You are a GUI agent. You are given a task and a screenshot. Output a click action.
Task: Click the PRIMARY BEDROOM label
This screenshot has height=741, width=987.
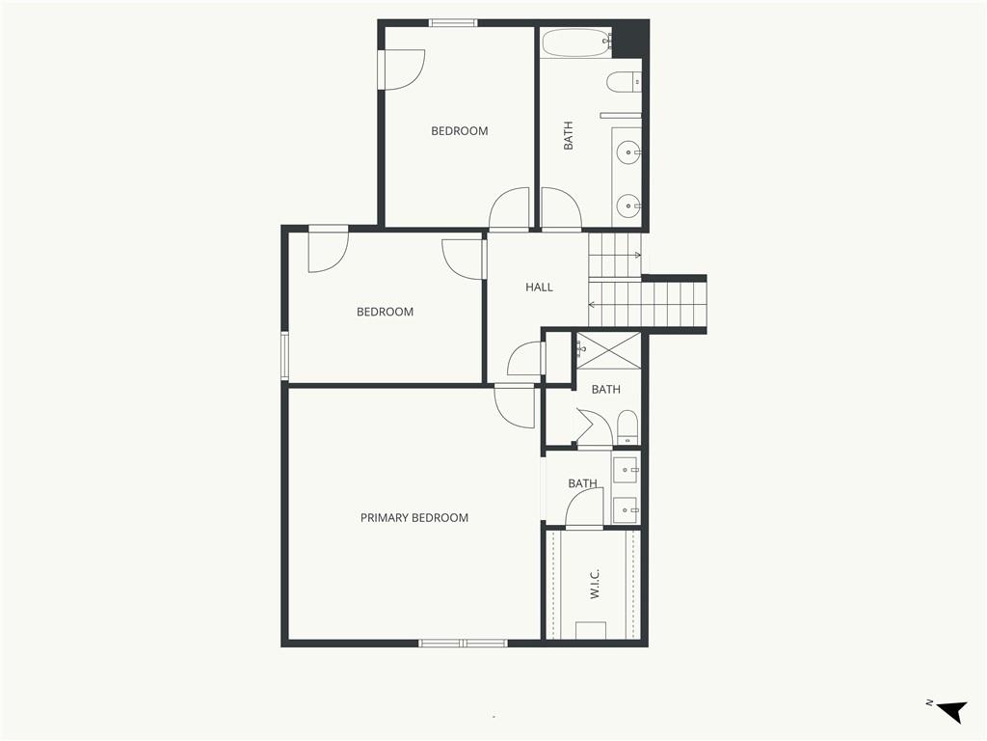(x=414, y=518)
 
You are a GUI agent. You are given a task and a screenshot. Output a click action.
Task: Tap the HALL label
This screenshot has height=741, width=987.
(x=539, y=288)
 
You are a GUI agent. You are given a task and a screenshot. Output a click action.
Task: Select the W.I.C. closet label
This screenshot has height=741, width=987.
(x=595, y=584)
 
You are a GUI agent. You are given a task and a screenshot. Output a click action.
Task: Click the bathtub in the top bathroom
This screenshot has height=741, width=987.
(x=576, y=42)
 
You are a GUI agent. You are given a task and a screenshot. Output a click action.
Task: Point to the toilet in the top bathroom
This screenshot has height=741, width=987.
(x=624, y=82)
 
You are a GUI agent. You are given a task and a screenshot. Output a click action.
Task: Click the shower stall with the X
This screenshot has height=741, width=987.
(x=609, y=350)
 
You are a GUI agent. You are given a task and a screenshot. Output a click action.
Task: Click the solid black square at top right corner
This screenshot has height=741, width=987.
(x=630, y=40)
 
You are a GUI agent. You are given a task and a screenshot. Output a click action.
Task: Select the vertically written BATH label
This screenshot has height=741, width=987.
(x=569, y=135)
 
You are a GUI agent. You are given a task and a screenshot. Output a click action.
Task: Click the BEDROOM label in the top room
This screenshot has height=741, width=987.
(x=460, y=131)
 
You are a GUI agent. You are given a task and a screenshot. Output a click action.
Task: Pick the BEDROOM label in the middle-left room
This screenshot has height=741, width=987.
(x=386, y=312)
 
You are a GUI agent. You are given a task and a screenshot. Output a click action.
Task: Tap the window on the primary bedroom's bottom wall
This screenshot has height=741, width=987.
(x=464, y=643)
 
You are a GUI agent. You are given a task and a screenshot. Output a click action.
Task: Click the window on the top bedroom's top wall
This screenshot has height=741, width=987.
(x=453, y=23)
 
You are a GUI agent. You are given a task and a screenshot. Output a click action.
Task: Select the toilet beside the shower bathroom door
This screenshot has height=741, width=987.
(x=627, y=427)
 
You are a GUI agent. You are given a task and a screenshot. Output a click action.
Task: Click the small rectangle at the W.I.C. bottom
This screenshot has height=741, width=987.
(x=591, y=630)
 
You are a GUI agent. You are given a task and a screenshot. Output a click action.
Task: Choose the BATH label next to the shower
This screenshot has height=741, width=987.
(x=605, y=390)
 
